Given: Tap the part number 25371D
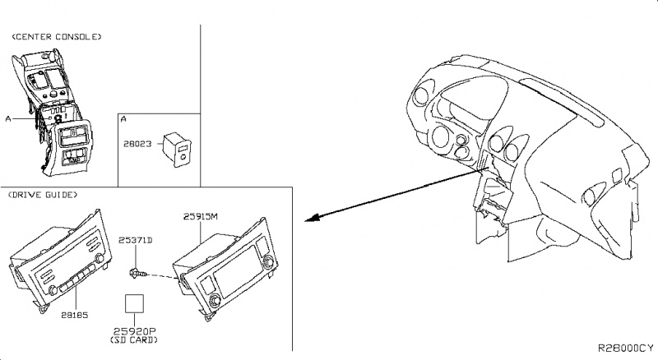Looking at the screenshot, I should (135, 239).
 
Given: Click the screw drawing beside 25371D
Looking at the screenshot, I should (137, 271).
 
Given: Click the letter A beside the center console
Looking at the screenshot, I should (7, 118).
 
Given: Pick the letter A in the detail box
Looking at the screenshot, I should (123, 119).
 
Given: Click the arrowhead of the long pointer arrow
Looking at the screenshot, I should (308, 220).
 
